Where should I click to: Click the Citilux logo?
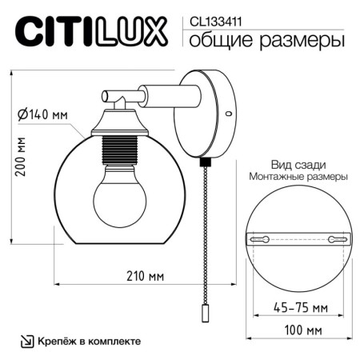(92, 32)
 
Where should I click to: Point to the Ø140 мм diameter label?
(42, 114)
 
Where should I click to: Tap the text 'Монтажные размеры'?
(297, 176)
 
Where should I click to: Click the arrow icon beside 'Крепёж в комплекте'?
(26, 340)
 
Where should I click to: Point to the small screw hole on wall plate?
(229, 114)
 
